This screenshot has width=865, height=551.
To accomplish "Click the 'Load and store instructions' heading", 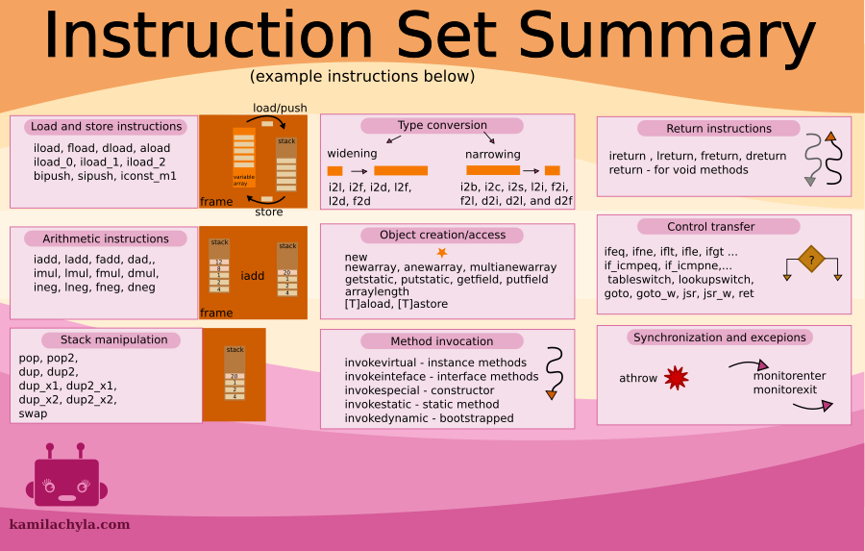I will [x=106, y=127].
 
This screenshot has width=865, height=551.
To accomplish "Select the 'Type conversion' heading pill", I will [x=442, y=126].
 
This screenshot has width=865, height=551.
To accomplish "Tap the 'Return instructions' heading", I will [x=719, y=129].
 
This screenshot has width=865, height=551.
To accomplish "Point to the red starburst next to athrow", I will [x=677, y=378].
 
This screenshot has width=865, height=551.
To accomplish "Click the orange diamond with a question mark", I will [x=812, y=260].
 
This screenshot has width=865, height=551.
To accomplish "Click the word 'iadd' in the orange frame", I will [x=253, y=276].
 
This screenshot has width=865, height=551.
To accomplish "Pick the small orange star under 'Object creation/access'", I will [x=442, y=252].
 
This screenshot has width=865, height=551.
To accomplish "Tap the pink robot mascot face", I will [x=66, y=480].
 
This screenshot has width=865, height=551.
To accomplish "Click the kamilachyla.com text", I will [x=69, y=525].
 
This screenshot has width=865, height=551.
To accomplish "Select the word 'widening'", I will [x=352, y=154].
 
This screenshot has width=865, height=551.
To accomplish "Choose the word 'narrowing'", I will [x=493, y=154].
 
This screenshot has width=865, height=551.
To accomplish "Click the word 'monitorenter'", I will [x=789, y=376].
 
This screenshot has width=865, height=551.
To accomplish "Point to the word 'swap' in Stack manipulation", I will [x=33, y=413].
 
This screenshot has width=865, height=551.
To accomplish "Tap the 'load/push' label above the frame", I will [x=280, y=108].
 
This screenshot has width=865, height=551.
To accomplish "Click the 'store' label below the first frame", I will [x=268, y=213].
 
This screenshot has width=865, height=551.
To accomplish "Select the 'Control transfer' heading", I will [x=711, y=227].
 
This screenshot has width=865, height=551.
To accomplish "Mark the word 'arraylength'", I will [x=376, y=292].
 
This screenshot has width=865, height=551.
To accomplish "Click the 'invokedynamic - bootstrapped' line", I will [x=429, y=418].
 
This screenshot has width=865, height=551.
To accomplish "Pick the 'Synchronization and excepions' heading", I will [x=719, y=338].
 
